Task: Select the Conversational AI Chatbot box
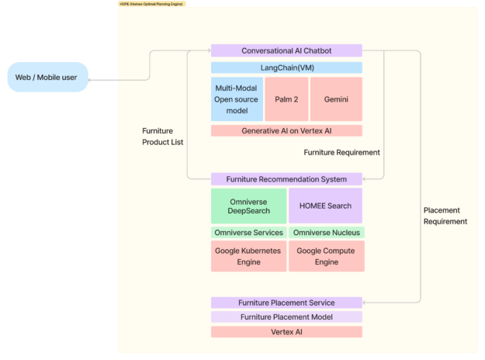pyautogui.click(x=286, y=50)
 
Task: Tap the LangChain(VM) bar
pyautogui.click(x=286, y=67)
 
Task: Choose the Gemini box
pyautogui.click(x=336, y=99)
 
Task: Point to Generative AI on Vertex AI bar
pyautogui.click(x=286, y=131)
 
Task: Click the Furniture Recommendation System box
pyautogui.click(x=286, y=179)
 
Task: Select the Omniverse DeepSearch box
pyautogui.click(x=248, y=206)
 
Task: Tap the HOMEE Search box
pyautogui.click(x=325, y=206)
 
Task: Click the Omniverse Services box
pyautogui.click(x=248, y=233)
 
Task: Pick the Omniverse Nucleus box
pyautogui.click(x=326, y=233)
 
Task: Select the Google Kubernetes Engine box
pyautogui.click(x=248, y=256)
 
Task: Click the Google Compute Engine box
pyautogui.click(x=326, y=256)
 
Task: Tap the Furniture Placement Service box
pyautogui.click(x=286, y=303)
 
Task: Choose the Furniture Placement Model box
pyautogui.click(x=286, y=317)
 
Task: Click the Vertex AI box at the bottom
pyautogui.click(x=286, y=331)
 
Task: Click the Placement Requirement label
pyautogui.click(x=445, y=216)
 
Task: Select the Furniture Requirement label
pyautogui.click(x=341, y=152)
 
